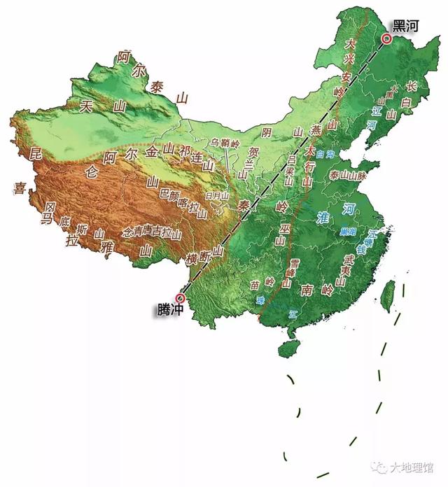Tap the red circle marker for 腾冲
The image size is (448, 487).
pos(180,297)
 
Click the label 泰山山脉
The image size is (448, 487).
pos(348,175)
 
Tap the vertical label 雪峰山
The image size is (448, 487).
pos(287,273)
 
